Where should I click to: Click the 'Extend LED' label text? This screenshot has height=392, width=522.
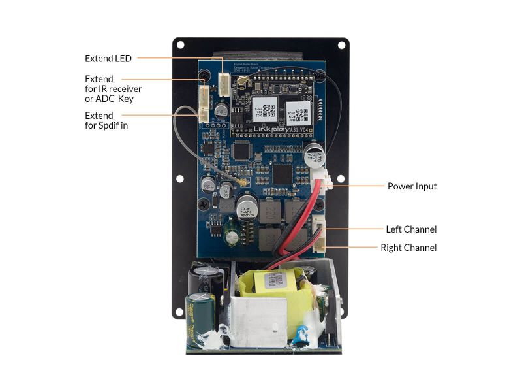coord(108,58)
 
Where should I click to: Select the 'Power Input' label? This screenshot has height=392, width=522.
coord(412,186)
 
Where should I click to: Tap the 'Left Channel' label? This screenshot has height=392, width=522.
coord(411,229)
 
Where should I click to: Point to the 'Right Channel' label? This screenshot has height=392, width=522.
coord(408,248)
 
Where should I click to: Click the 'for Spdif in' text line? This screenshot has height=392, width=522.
coord(106,125)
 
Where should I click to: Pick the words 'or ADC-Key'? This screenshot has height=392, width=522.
coord(114,99)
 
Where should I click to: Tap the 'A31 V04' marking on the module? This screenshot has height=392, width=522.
coord(303,129)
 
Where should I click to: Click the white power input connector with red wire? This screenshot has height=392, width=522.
coord(326,182)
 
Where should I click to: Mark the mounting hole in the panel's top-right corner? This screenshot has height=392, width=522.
coord(341,46)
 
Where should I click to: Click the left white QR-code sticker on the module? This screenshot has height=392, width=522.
coord(266,110)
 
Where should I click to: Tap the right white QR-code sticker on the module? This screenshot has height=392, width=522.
coord(298,112)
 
